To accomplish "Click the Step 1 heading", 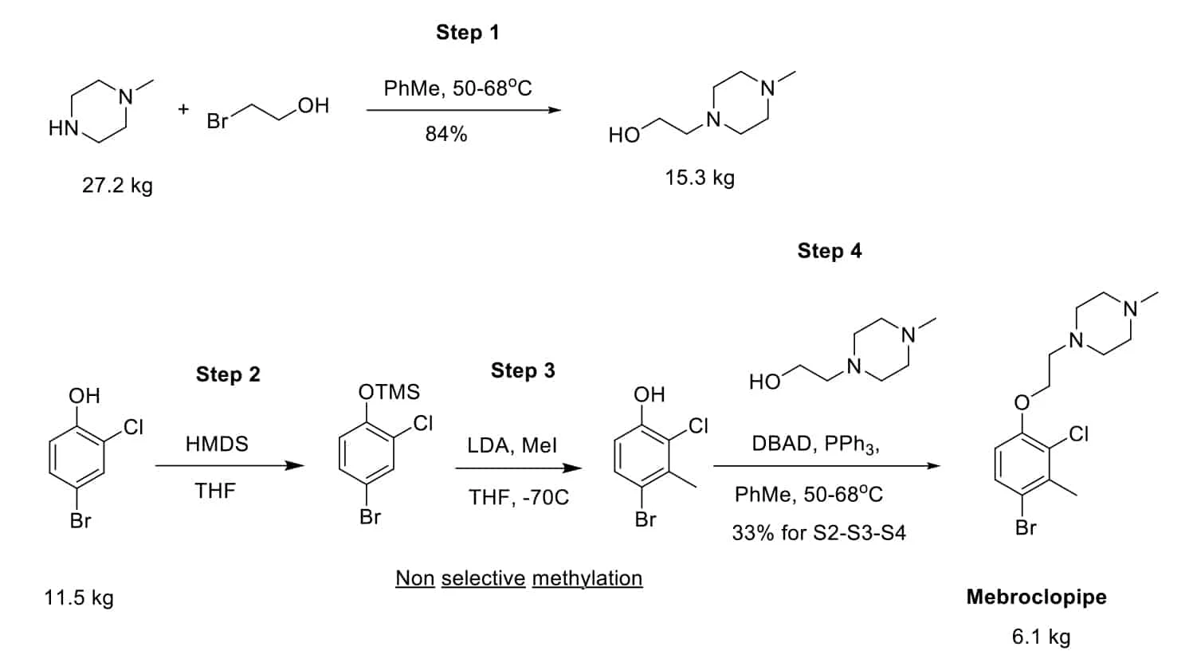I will (467, 33).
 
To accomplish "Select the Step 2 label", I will (228, 374).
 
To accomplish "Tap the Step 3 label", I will (523, 370).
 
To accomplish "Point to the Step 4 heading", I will (829, 251).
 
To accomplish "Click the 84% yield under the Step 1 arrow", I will (445, 134).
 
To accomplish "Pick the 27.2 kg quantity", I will (117, 186).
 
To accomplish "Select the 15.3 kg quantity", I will (700, 178).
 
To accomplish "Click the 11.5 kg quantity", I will (79, 598).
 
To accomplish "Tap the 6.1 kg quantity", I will (1041, 637).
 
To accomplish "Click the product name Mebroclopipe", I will (1036, 597).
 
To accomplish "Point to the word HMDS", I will (217, 444).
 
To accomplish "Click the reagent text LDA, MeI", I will (512, 445).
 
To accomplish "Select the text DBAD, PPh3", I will (815, 444).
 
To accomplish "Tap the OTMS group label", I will (389, 392).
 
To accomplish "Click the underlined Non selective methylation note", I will (519, 578).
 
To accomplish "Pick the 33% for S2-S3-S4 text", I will (818, 532).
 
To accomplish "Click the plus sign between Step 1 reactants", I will (183, 109).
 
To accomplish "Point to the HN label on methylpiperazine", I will (63, 128).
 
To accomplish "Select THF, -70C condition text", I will (519, 498).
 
